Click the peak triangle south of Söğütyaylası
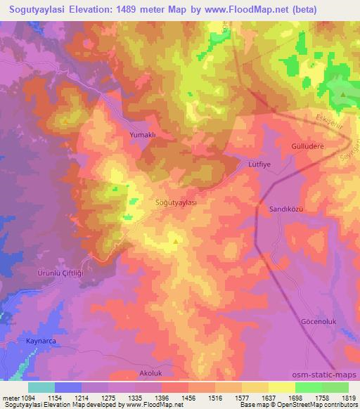click(175, 242)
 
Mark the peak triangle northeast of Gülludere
click(342, 94)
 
